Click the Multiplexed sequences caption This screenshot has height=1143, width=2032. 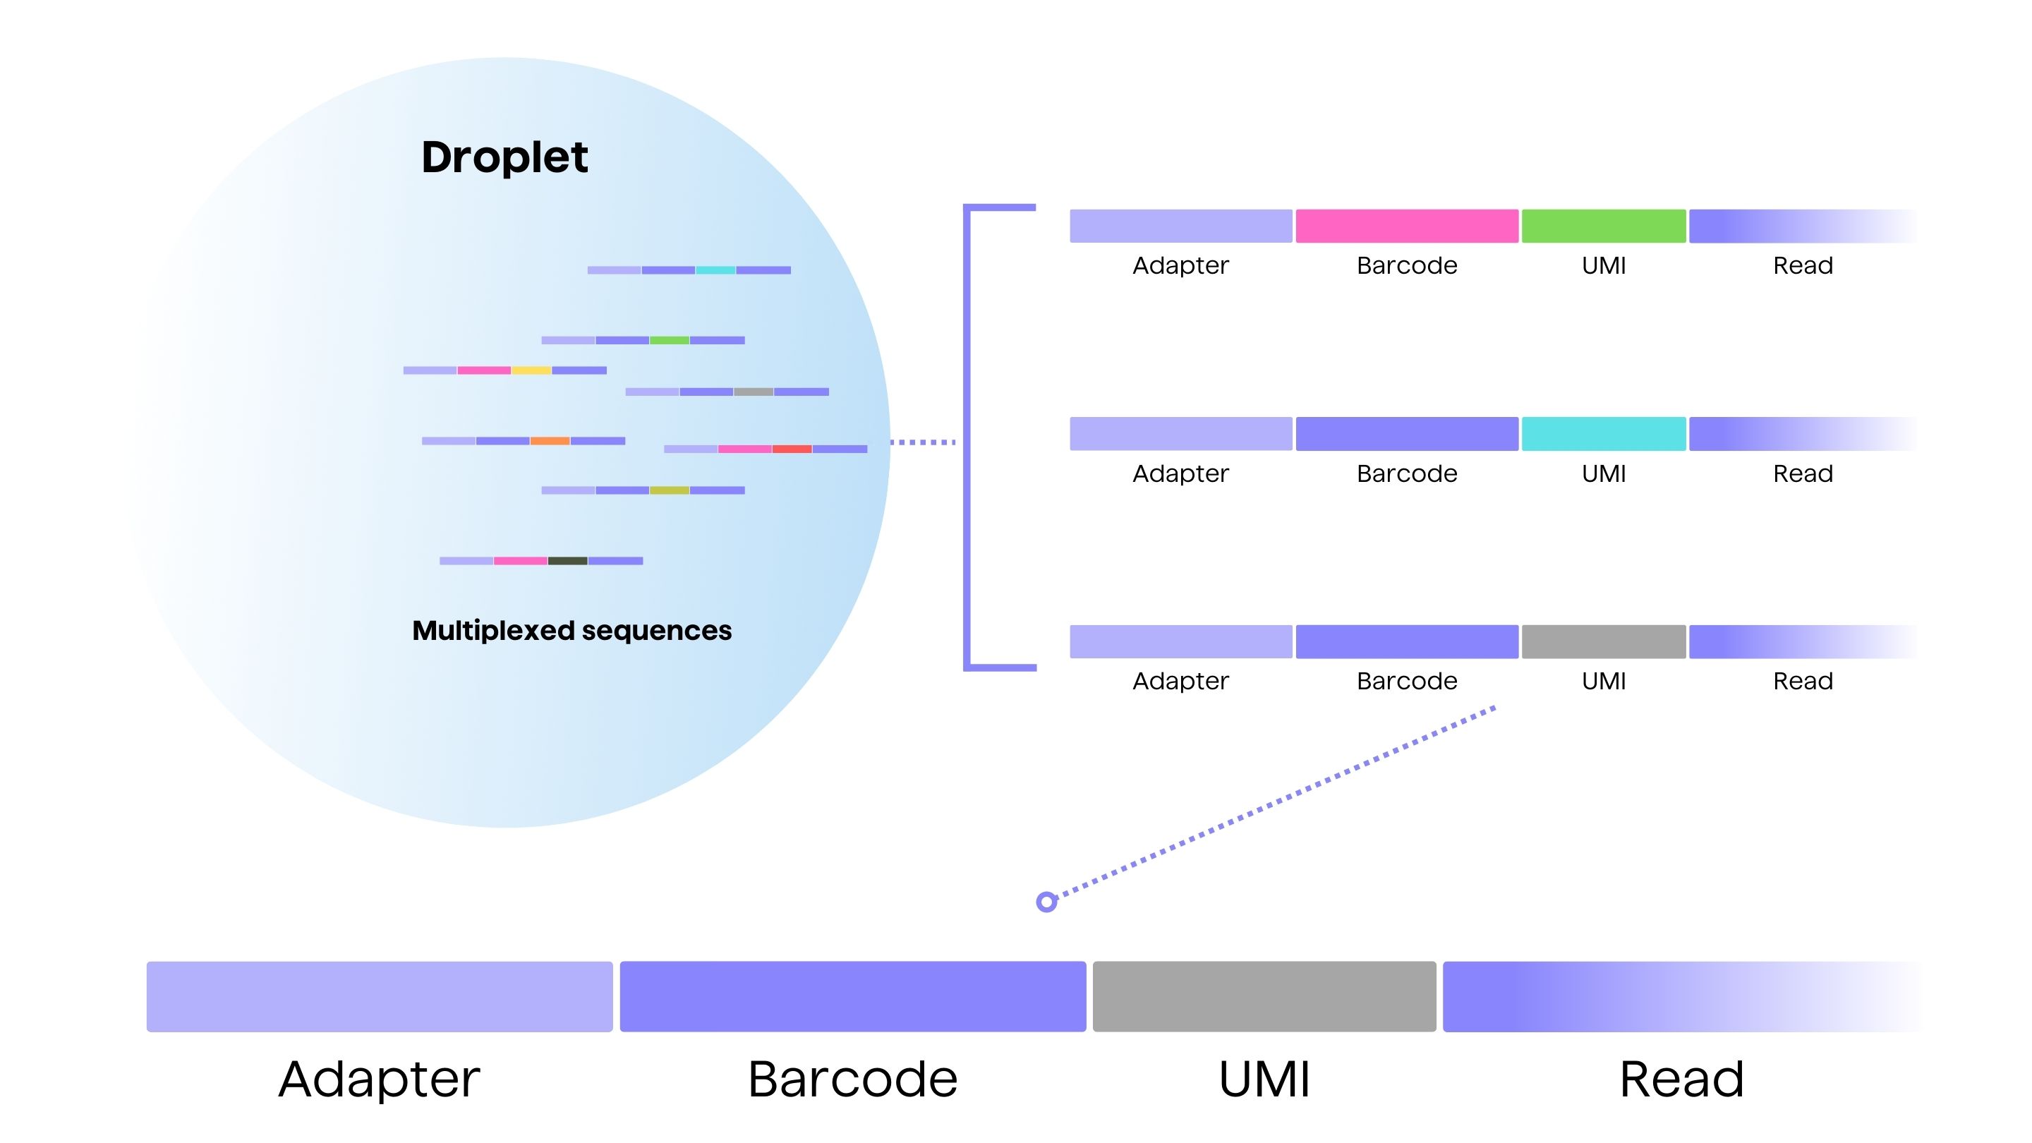click(x=572, y=630)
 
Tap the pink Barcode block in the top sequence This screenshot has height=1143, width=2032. click(x=1406, y=226)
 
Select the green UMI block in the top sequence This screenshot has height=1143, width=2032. click(x=1603, y=226)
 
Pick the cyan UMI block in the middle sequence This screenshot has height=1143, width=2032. click(x=1603, y=434)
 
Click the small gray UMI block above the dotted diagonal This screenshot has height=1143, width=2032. click(x=1603, y=641)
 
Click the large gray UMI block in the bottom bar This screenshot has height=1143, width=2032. click(x=1264, y=996)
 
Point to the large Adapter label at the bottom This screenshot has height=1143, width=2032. click(x=380, y=1079)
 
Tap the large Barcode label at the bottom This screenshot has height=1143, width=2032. click(x=853, y=1079)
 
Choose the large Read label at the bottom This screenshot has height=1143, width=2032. click(x=1681, y=1079)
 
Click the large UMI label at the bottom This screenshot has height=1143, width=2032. click(x=1264, y=1079)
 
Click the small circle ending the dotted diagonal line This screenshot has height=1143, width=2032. click(x=1046, y=902)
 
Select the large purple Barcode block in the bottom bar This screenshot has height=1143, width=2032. click(x=853, y=996)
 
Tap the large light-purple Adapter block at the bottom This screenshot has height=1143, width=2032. click(x=380, y=996)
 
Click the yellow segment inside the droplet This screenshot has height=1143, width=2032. click(x=532, y=370)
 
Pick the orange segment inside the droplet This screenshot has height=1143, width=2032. click(x=550, y=441)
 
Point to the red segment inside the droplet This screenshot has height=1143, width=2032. click(x=792, y=449)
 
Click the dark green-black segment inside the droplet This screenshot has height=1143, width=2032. click(x=567, y=561)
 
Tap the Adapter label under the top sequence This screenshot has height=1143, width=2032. click(x=1180, y=266)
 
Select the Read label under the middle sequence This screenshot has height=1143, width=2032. click(x=1803, y=473)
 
